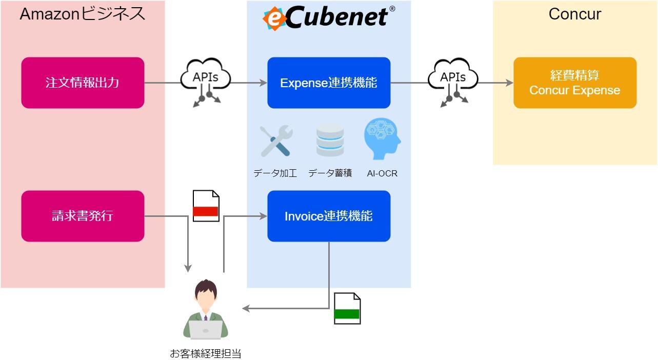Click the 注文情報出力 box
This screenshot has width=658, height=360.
click(x=83, y=83)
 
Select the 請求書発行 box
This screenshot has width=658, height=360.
click(x=83, y=216)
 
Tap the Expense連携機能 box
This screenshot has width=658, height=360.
click(x=329, y=83)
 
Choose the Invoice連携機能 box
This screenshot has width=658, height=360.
click(x=329, y=216)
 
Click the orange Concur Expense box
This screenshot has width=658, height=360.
click(x=575, y=83)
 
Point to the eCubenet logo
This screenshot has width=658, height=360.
click(x=329, y=17)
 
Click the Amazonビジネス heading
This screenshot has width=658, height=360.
click(x=83, y=14)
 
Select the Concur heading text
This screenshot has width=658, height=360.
click(x=575, y=14)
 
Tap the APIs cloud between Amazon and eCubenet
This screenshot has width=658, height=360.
click(x=205, y=82)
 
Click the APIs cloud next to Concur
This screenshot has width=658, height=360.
click(x=453, y=82)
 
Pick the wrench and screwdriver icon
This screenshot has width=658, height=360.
click(x=276, y=141)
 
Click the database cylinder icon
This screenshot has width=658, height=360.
click(x=330, y=140)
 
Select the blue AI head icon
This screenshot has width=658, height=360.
click(x=382, y=139)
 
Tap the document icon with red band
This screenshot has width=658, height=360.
click(x=206, y=206)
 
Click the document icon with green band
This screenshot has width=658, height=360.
click(x=347, y=308)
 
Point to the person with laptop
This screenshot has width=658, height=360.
click(x=206, y=309)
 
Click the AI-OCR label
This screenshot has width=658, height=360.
click(x=382, y=173)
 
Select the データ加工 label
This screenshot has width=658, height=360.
click(x=275, y=173)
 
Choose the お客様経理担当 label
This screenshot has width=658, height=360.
click(x=206, y=353)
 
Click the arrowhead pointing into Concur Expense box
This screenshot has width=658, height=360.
click(x=510, y=83)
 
